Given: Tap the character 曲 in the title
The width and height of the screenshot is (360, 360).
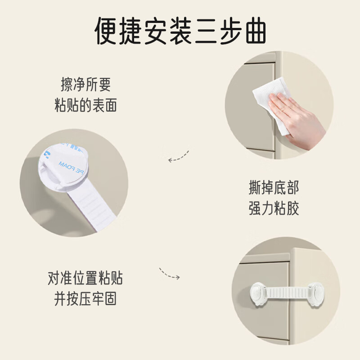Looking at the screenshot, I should (251, 30).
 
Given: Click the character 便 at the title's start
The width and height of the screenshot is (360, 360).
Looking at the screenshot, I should (109, 30).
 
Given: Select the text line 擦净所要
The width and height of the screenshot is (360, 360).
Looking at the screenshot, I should (85, 85).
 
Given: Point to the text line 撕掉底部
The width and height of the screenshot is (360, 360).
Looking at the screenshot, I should (274, 187).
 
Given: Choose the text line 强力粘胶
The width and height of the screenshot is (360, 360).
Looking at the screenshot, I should (274, 208).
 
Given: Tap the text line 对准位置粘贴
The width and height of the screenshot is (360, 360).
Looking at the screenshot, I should (85, 278).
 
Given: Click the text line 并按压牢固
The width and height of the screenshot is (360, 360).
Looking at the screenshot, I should (85, 299).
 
